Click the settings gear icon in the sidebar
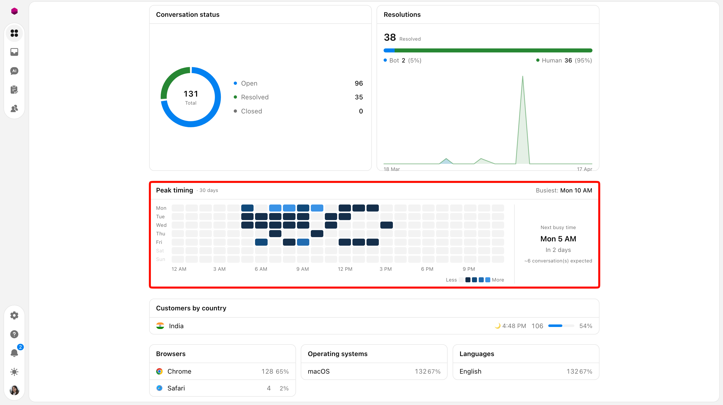click(x=14, y=315)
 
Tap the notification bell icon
click(x=14, y=353)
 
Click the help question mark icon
click(x=14, y=334)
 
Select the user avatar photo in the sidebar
click(x=14, y=390)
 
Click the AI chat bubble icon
click(x=14, y=71)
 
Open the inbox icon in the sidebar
click(x=14, y=52)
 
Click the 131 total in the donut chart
click(x=191, y=94)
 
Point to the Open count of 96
click(x=359, y=83)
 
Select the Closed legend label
click(x=252, y=111)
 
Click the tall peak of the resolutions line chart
click(x=523, y=76)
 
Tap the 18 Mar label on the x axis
click(x=392, y=169)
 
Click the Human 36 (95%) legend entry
click(x=564, y=60)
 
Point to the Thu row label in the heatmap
click(x=161, y=234)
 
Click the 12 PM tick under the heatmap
click(x=345, y=269)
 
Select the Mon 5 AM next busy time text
click(x=558, y=239)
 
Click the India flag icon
click(x=160, y=326)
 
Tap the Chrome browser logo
click(x=159, y=371)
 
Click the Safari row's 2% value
click(x=284, y=388)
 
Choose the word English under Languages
click(x=470, y=371)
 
